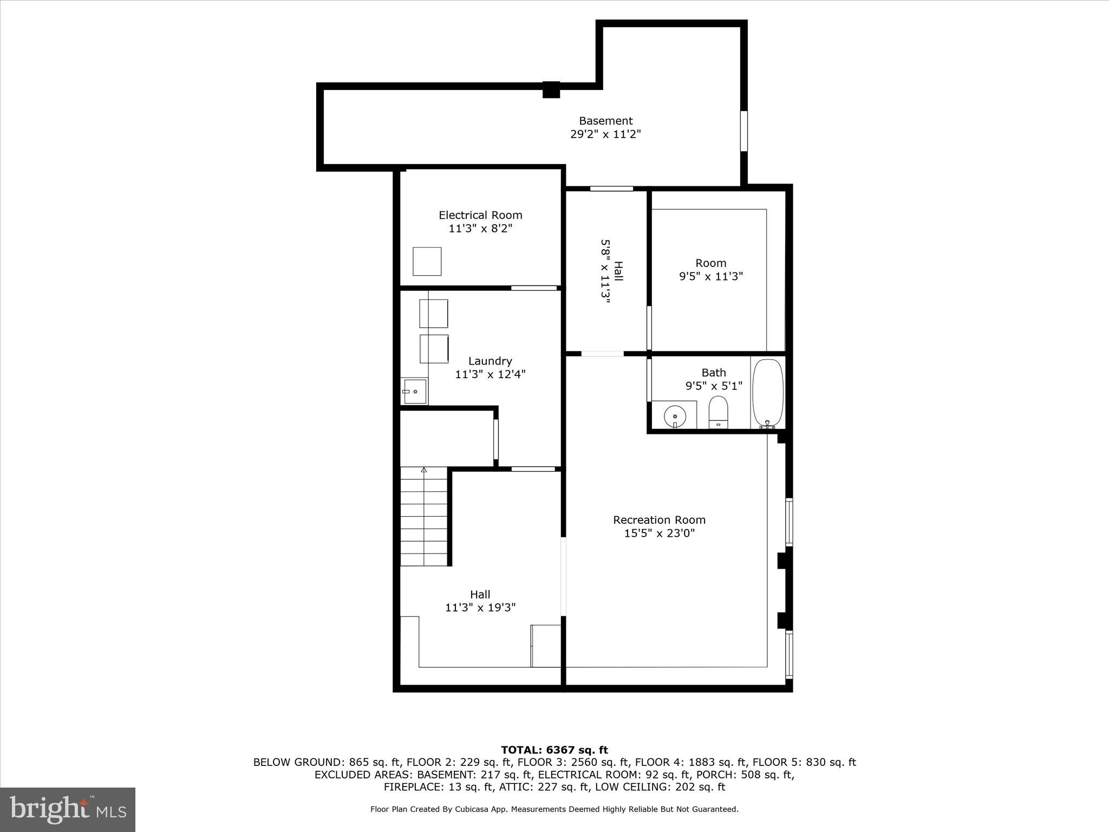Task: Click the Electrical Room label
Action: [480, 215]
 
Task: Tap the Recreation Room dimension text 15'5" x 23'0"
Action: [659, 534]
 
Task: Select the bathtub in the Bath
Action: [767, 393]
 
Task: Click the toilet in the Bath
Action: [718, 412]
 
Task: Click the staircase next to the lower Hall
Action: [424, 517]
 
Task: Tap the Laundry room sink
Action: [414, 391]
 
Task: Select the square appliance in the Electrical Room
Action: [427, 262]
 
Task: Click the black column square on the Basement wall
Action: [551, 89]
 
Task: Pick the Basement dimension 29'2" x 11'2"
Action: [605, 134]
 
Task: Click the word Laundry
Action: [490, 361]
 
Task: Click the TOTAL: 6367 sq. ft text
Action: [554, 750]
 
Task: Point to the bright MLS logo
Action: [68, 809]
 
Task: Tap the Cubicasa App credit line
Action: [554, 809]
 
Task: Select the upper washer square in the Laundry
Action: [434, 314]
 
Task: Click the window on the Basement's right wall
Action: [744, 131]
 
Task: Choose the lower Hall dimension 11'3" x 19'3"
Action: [480, 608]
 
